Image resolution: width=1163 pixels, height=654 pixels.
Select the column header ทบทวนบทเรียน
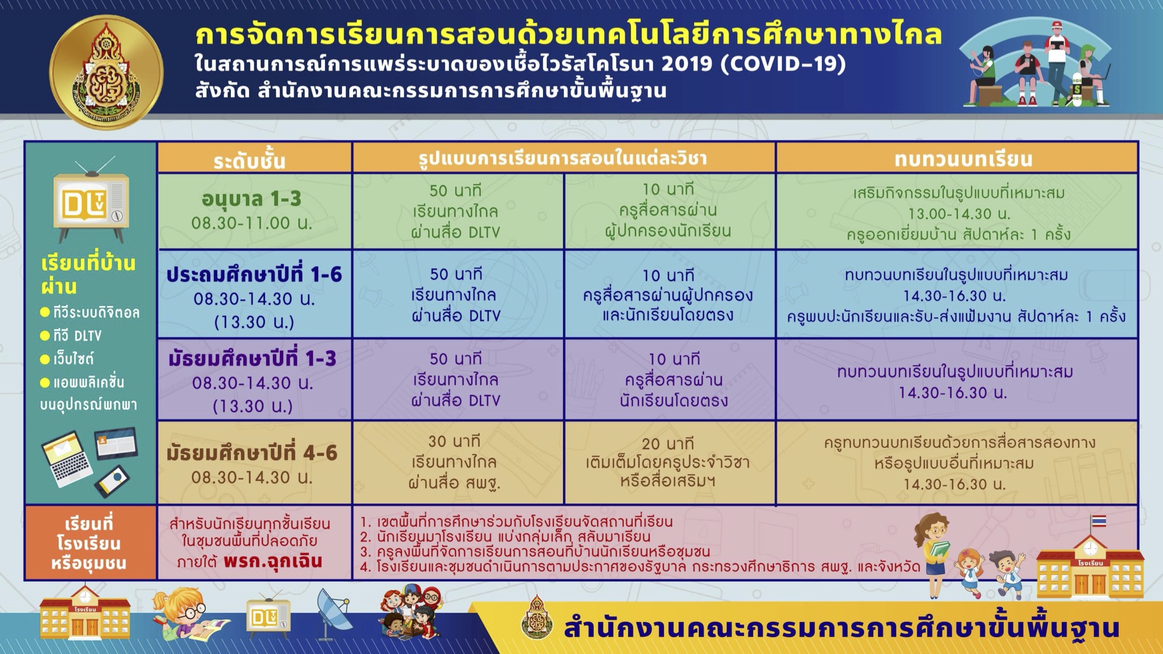(x=964, y=159)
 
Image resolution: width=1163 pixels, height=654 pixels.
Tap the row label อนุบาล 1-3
(x=252, y=199)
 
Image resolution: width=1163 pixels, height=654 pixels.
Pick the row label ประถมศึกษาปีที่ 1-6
(x=254, y=274)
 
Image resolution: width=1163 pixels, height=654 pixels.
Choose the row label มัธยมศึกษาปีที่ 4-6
(x=252, y=453)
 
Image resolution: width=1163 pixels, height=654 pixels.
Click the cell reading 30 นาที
(x=455, y=441)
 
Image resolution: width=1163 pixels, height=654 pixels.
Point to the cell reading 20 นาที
(x=668, y=444)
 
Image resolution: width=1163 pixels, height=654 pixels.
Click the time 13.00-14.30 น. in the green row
(x=959, y=213)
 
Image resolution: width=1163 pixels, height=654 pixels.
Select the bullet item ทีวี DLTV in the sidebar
(x=71, y=335)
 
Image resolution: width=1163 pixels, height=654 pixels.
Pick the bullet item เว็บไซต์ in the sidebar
(x=67, y=359)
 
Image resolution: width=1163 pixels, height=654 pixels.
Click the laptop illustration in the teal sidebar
(x=66, y=457)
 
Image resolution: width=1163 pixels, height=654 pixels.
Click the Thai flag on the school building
(x=1098, y=521)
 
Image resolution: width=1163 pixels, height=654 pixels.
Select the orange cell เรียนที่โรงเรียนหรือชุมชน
(x=90, y=543)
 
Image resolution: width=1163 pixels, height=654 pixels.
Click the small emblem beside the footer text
(x=537, y=617)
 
